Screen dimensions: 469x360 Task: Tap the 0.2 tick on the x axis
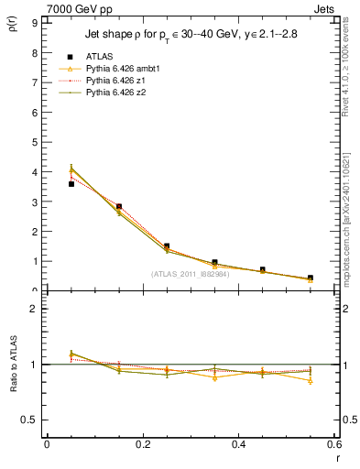[x=143, y=444]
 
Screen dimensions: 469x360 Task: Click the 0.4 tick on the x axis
[x=238, y=444]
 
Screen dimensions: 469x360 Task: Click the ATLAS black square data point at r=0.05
[x=71, y=184]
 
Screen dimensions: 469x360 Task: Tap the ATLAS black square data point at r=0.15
[x=119, y=207]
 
